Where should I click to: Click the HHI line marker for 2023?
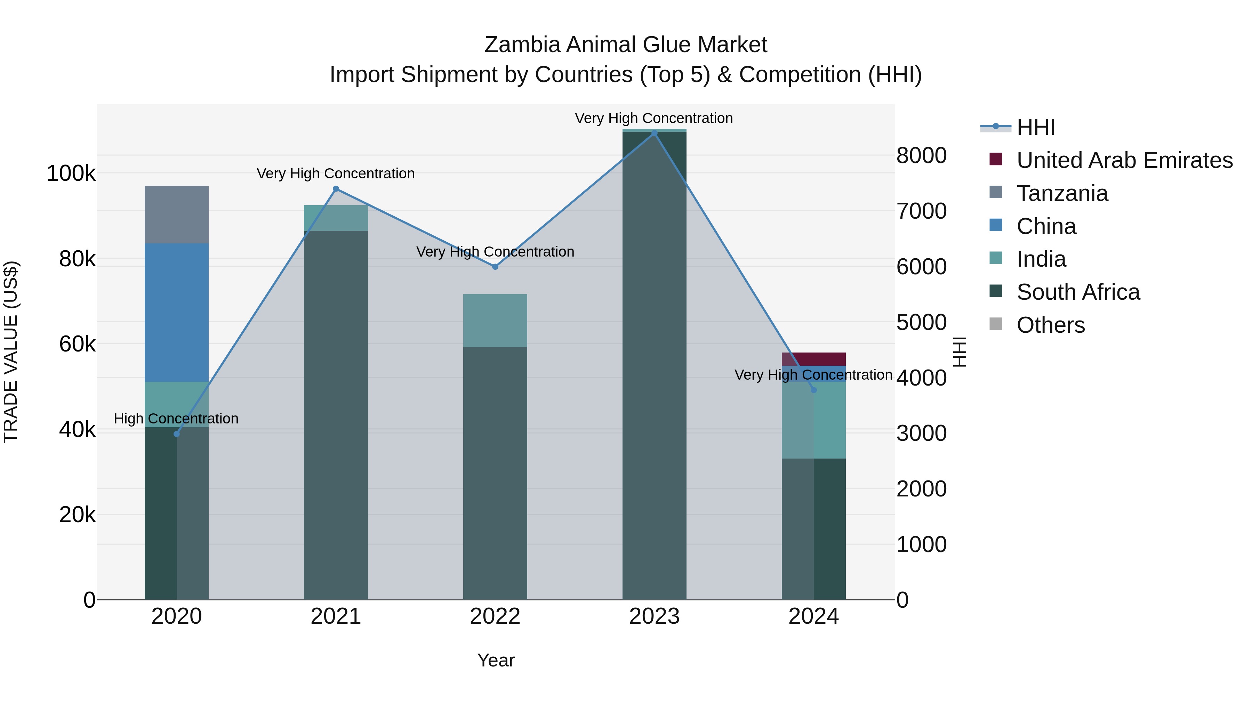coord(654,133)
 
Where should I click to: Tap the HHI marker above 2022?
coord(495,267)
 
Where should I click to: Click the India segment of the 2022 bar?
coord(495,320)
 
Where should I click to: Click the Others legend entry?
coord(1050,325)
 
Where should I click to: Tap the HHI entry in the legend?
coord(1035,127)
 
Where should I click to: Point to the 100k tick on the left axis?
coord(71,173)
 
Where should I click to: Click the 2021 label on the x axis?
coord(336,616)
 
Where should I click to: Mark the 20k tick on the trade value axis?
coord(77,515)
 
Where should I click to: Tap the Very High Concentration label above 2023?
coord(654,118)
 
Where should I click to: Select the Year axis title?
coord(496,660)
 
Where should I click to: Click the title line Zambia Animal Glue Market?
coord(626,45)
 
